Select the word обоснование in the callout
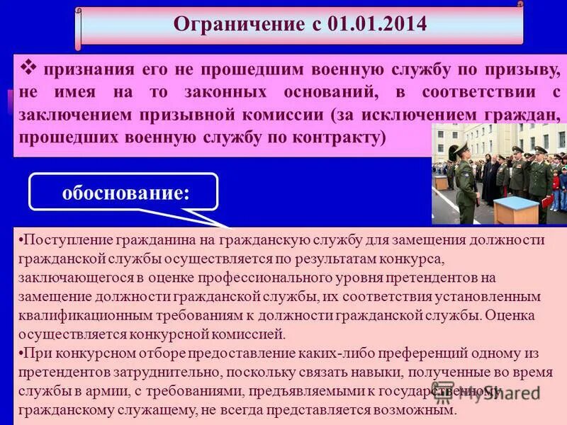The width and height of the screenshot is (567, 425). [123, 193]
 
